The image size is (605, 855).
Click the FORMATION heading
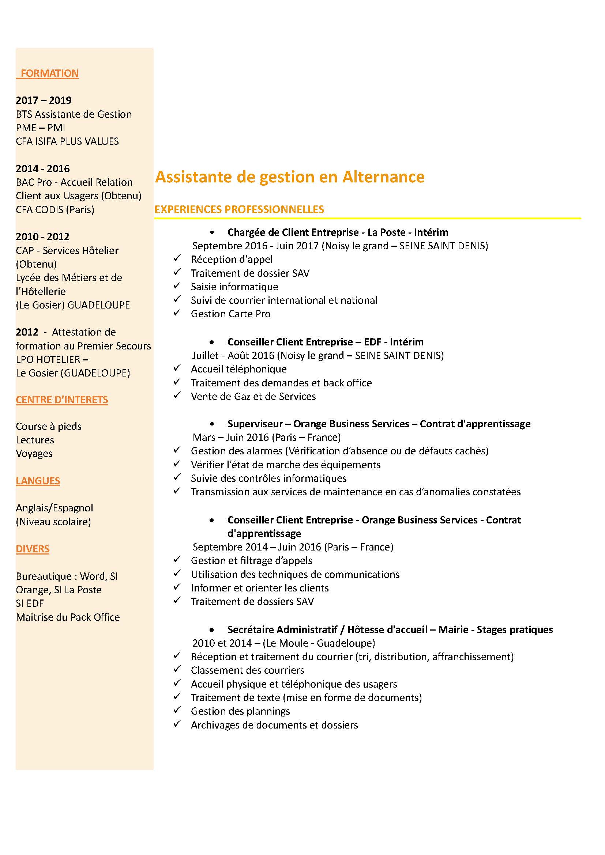coord(49,73)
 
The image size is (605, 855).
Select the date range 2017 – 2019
coord(44,100)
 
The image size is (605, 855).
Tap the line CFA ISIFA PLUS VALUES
coord(67,141)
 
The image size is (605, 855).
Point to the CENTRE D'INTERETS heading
coord(62,400)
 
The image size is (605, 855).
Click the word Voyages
coord(34,454)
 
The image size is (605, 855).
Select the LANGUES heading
coord(38,481)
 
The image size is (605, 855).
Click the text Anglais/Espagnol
coord(55,508)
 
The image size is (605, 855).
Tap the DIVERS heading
coord(33,549)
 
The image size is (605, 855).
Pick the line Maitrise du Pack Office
coord(68,617)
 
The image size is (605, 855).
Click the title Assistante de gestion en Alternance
coord(289,177)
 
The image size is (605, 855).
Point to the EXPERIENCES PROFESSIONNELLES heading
coord(239,209)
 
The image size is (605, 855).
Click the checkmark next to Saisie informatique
coord(177,285)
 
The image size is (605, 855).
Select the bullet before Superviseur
coord(212,424)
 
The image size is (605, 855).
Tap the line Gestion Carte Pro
coord(230,314)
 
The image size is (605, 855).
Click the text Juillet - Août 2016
coord(233,356)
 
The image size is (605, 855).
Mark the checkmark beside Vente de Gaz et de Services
coord(177,395)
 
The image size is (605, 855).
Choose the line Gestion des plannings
coord(240,711)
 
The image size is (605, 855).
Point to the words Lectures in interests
coord(35,440)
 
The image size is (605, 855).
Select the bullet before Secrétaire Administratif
coord(212,630)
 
